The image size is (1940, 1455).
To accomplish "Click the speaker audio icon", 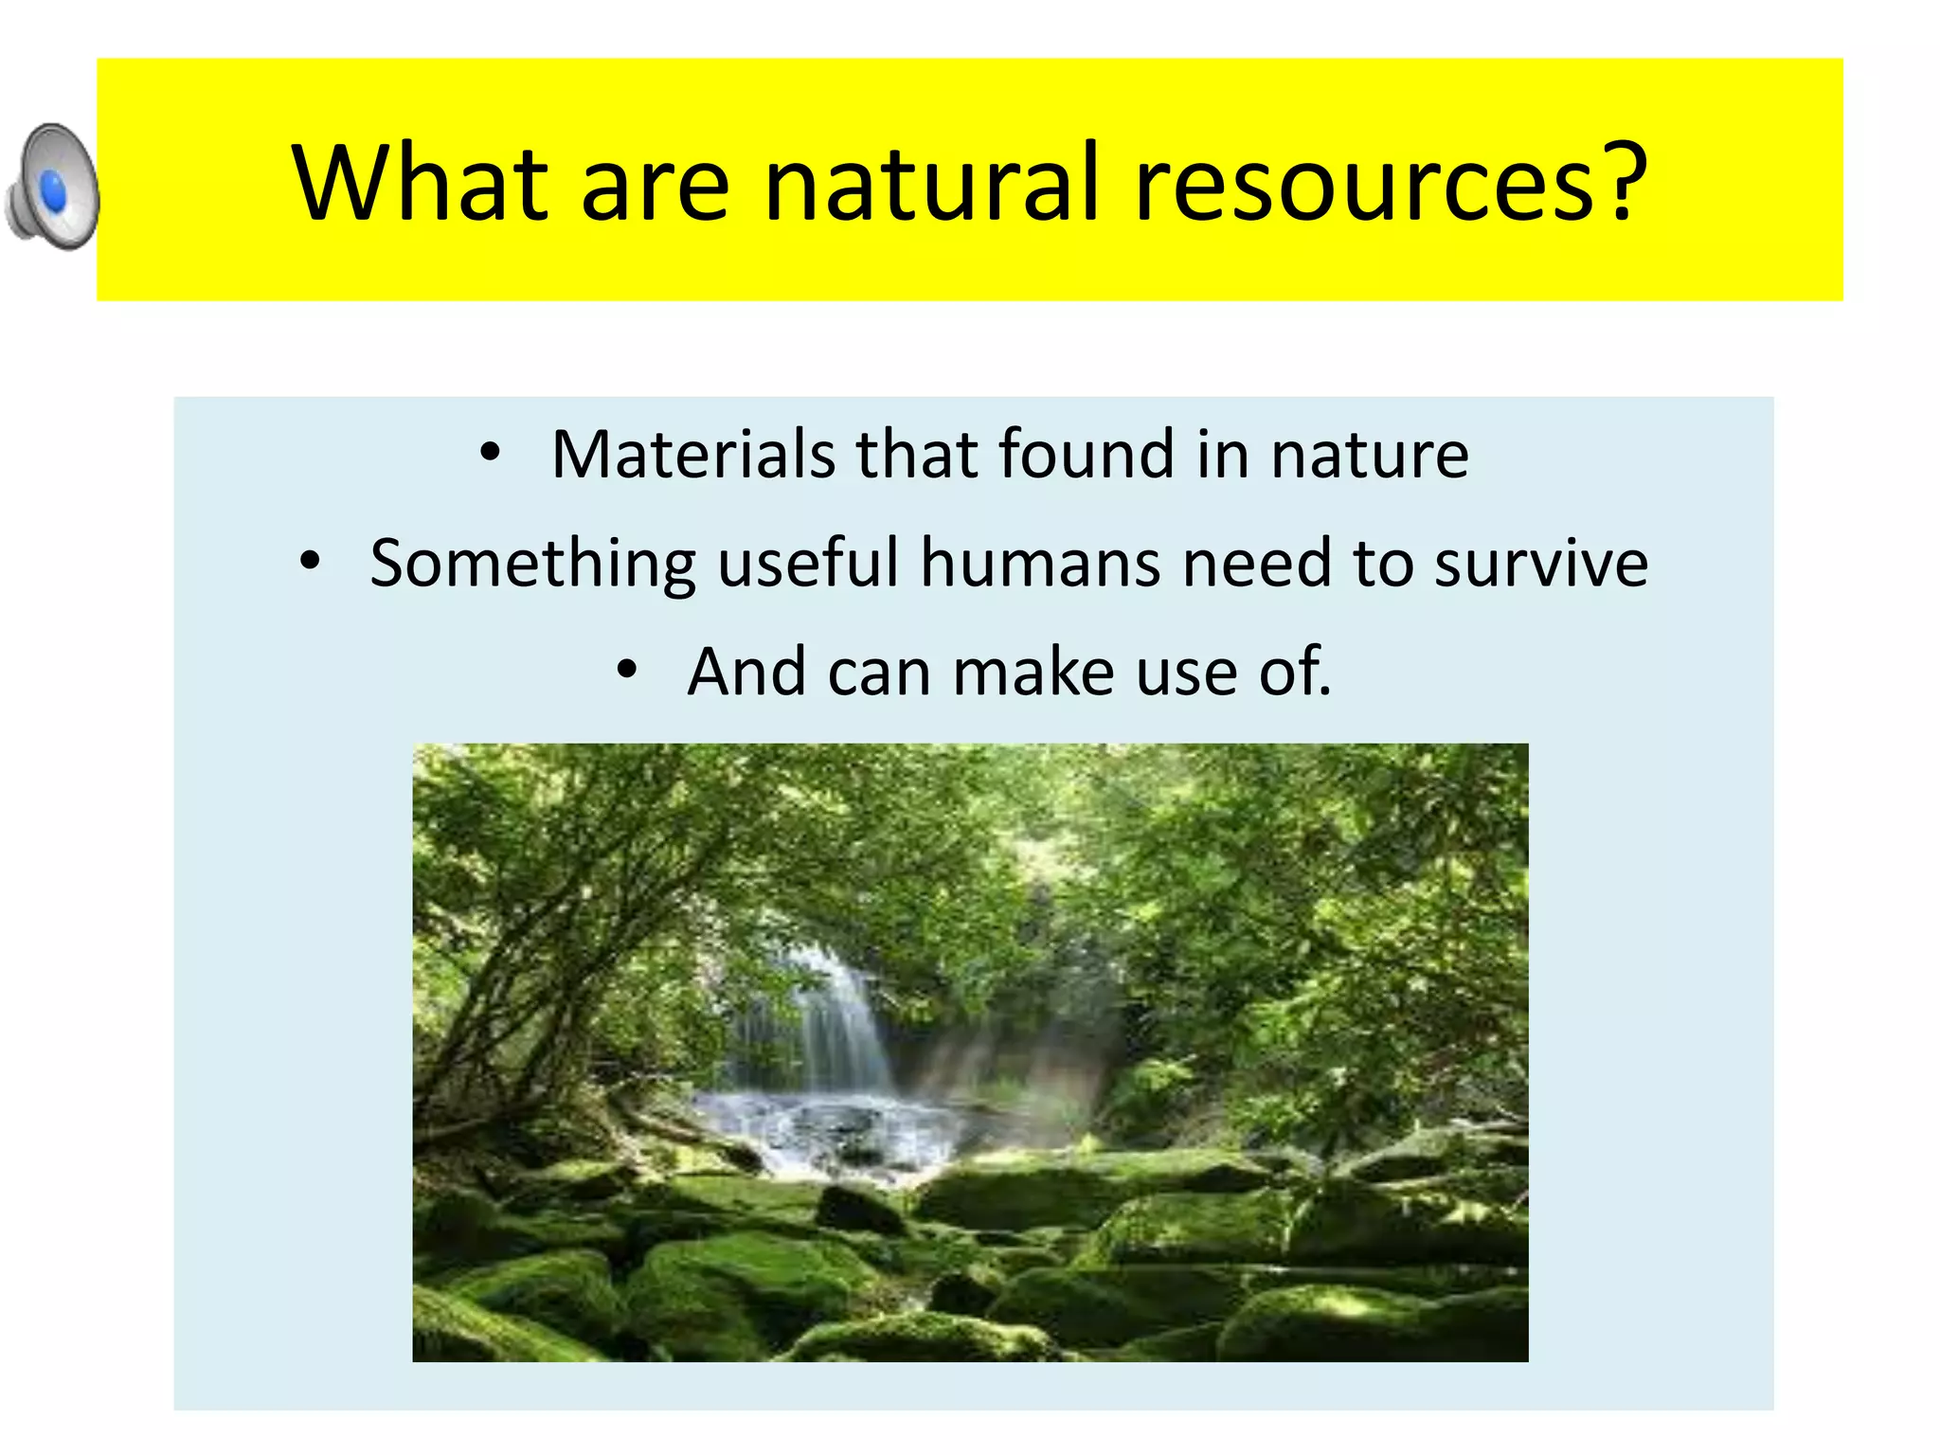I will click(x=53, y=187).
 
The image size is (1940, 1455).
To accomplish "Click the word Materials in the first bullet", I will click(x=693, y=455).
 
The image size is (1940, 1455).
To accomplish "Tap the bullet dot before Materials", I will click(x=489, y=452).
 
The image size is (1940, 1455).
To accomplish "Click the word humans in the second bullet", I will click(x=1040, y=563).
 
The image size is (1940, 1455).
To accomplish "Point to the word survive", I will click(x=1541, y=564).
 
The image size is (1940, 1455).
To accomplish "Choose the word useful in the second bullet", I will click(x=807, y=563).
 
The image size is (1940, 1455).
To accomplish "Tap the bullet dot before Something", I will click(x=310, y=561).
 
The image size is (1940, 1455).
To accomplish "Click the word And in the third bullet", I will click(x=746, y=672).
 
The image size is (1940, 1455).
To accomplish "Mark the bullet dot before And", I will click(x=626, y=669).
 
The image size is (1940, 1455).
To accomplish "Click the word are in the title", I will click(x=655, y=184).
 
